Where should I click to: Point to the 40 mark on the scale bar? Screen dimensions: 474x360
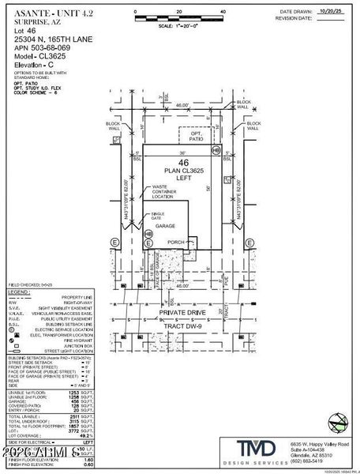223,13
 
